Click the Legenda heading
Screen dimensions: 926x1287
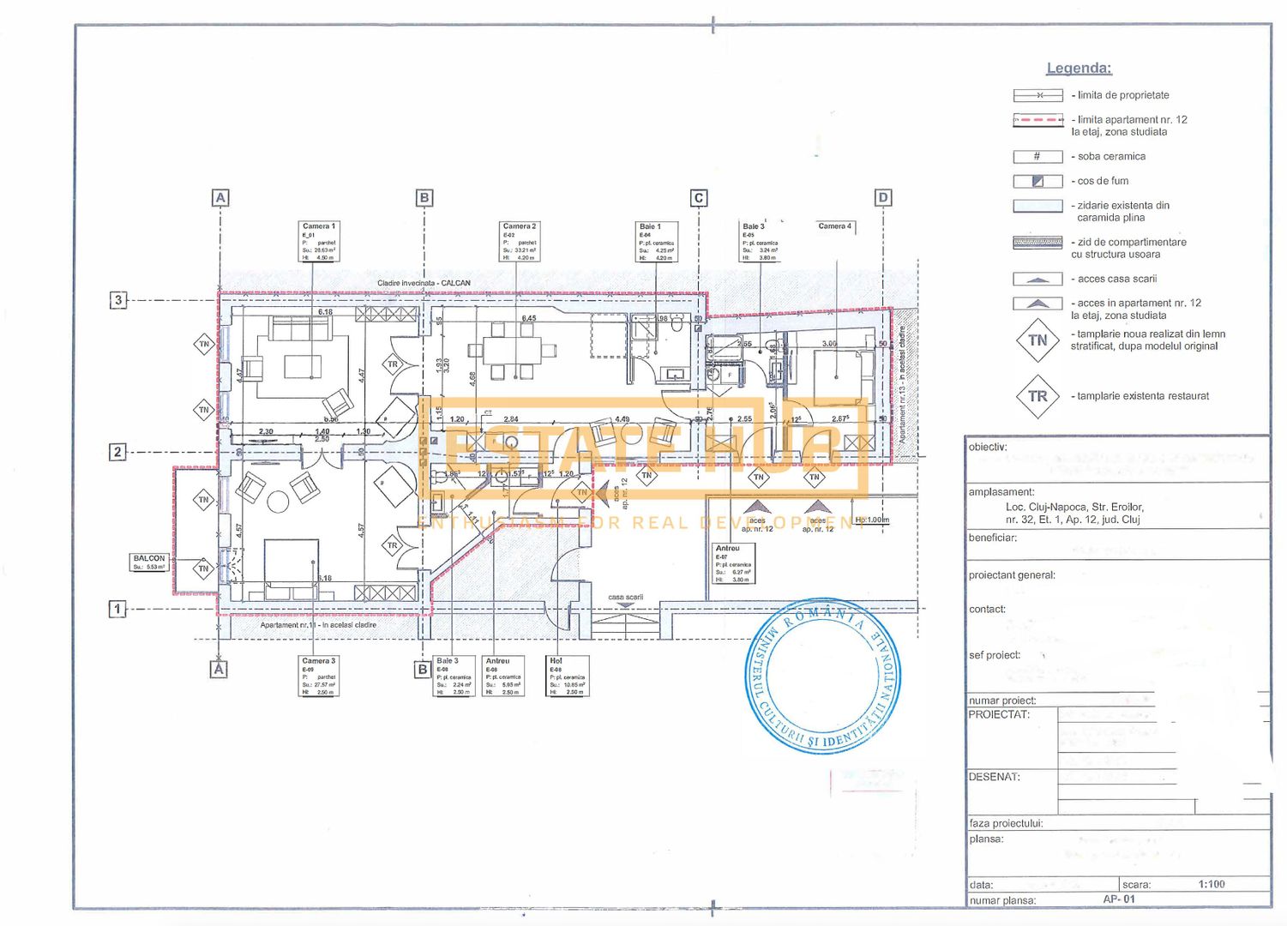(1079, 69)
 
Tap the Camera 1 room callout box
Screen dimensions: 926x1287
(319, 242)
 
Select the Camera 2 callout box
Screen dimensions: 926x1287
(520, 242)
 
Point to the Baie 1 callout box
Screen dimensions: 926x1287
(656, 242)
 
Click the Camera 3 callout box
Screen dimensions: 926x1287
(319, 676)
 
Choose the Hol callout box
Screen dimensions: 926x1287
(567, 676)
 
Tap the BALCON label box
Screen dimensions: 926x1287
(149, 562)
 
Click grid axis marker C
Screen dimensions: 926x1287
(699, 198)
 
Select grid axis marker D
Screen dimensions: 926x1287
(883, 198)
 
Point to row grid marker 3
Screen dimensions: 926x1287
(118, 300)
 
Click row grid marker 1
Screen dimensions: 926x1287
(117, 609)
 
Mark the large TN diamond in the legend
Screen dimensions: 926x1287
(1037, 340)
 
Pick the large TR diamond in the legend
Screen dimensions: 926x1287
(1037, 396)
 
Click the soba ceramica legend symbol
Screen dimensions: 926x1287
(1037, 157)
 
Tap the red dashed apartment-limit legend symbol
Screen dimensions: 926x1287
(1037, 120)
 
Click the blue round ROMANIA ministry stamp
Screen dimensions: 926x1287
(823, 676)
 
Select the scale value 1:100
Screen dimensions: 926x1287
(1212, 884)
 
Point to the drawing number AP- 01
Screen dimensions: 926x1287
(1119, 899)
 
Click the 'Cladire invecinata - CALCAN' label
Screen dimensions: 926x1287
(424, 283)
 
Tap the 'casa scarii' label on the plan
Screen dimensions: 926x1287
(625, 597)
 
